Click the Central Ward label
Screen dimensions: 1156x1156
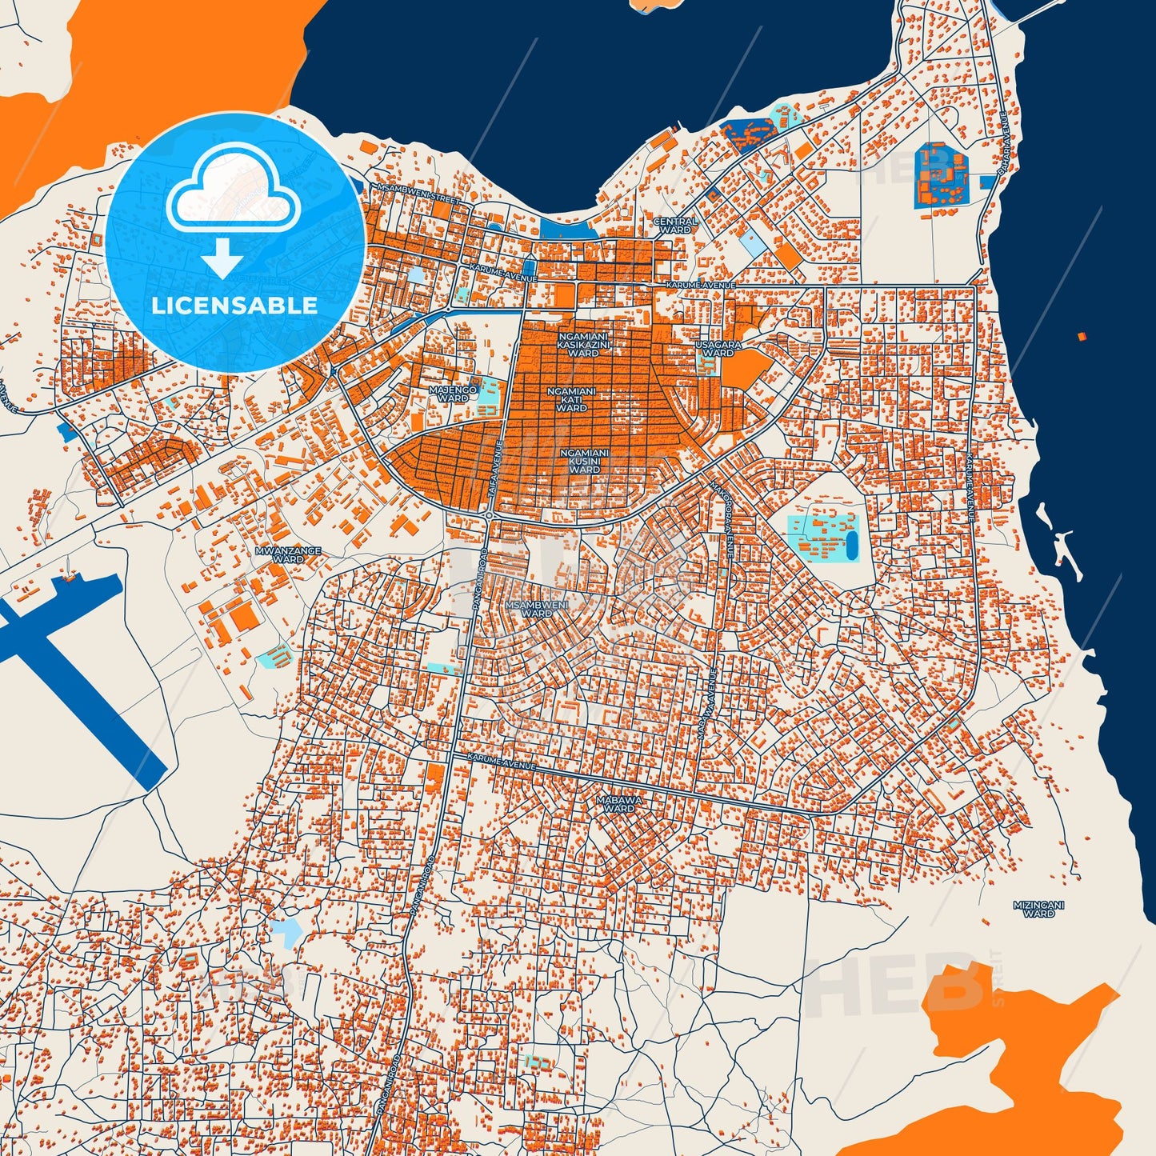(676, 226)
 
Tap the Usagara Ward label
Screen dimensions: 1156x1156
(718, 349)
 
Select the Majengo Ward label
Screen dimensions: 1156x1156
(453, 394)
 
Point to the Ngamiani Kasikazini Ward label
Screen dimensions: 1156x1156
(583, 345)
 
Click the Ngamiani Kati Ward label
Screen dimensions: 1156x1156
(571, 399)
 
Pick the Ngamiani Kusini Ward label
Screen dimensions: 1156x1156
(584, 461)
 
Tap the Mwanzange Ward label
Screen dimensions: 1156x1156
(288, 554)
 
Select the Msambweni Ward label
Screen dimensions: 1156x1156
(537, 609)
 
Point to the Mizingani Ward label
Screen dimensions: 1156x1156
(1038, 909)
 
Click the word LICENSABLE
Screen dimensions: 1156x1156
(234, 306)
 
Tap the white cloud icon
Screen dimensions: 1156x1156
(232, 190)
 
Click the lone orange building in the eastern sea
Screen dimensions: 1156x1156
(1082, 337)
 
